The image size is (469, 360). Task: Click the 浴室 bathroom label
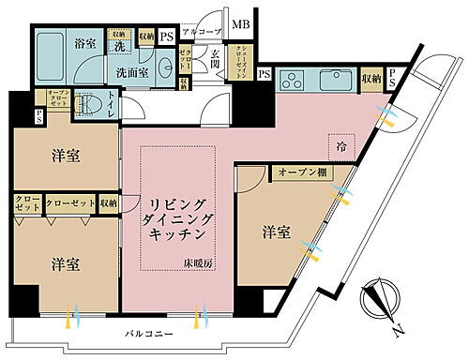tap(86, 42)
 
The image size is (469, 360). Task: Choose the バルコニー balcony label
tap(149, 334)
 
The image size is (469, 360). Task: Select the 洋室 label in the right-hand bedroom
tap(275, 230)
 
